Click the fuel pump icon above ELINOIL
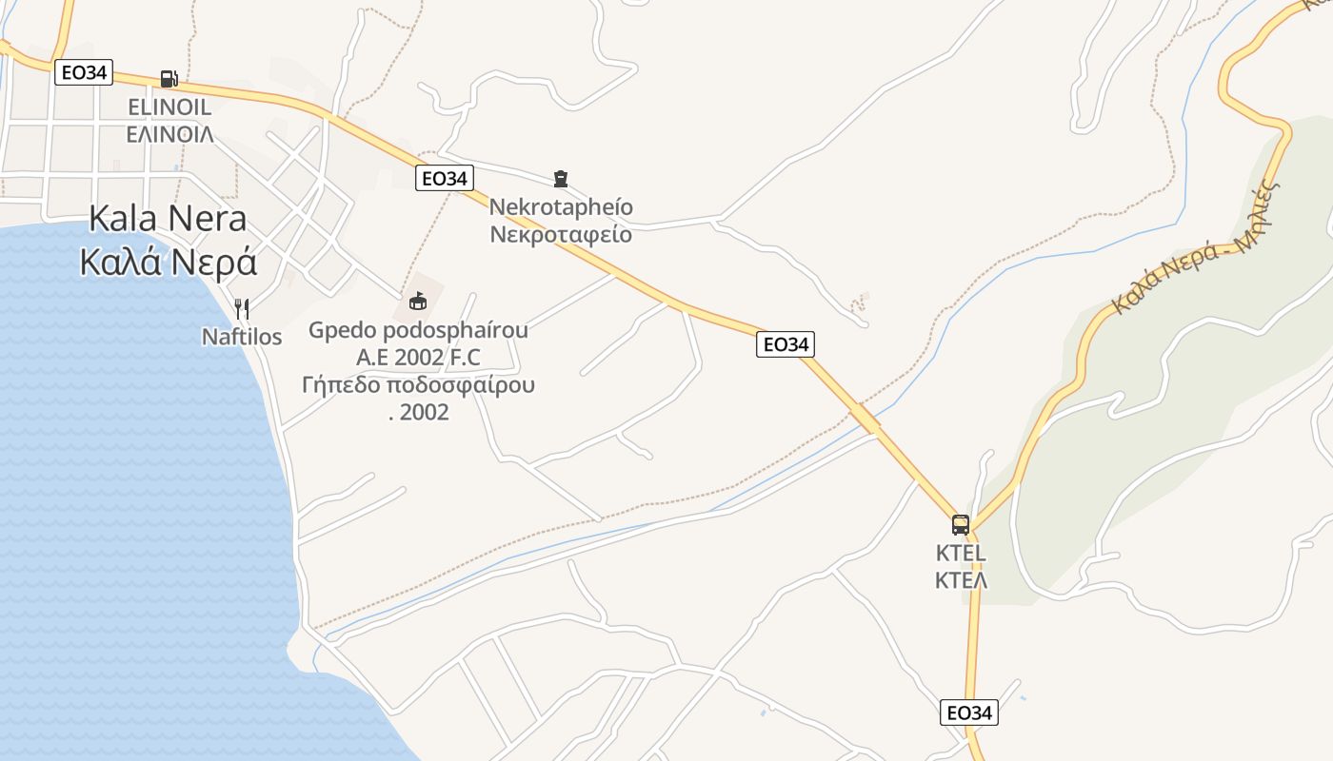[169, 79]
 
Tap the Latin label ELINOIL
[169, 107]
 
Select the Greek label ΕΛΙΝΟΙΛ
[169, 133]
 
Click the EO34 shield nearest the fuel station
[84, 72]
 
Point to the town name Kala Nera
[168, 219]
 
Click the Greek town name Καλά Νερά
[169, 262]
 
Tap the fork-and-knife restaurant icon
[242, 308]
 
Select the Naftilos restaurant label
[242, 337]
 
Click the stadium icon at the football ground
[417, 302]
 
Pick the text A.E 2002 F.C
[418, 358]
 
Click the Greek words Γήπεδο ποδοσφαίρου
[418, 385]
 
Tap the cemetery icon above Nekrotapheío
[561, 178]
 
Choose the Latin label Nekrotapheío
[561, 206]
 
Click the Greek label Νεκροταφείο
[561, 233]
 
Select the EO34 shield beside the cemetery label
[445, 178]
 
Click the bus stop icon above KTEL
[961, 524]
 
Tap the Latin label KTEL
[961, 553]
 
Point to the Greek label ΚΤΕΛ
[961, 579]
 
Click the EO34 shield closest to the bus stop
[969, 712]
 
